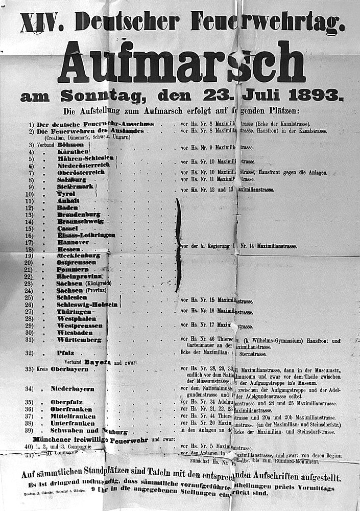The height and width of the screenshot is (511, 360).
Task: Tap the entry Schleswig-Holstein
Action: click(87, 304)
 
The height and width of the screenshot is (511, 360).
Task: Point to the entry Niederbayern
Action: click(73, 389)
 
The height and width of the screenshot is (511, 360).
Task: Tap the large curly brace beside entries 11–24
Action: click(178, 245)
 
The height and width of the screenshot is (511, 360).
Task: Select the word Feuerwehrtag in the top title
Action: click(266, 22)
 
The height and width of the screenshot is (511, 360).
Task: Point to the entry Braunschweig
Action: click(80, 221)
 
